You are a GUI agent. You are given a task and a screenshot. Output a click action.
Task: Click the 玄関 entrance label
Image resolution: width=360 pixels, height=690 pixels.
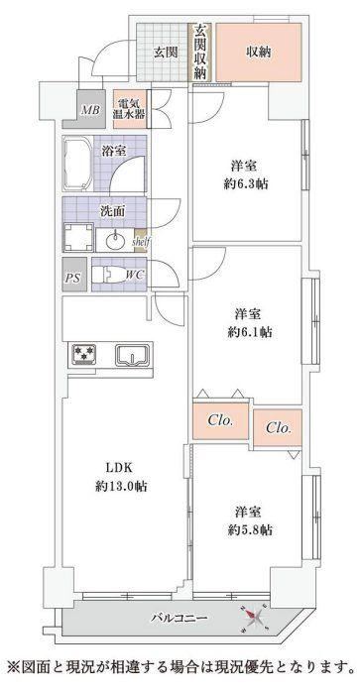[166, 53]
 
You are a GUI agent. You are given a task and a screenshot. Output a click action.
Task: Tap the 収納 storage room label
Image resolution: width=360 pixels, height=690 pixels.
[258, 53]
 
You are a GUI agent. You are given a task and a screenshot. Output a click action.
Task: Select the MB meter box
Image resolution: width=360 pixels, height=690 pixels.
[91, 109]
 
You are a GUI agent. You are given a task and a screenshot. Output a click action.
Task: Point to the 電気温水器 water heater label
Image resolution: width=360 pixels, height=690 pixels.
[129, 109]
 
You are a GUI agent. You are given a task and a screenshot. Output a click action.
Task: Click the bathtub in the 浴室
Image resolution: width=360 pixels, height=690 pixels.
[78, 165]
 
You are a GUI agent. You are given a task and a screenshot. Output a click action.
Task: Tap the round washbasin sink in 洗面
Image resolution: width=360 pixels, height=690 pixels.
[116, 241]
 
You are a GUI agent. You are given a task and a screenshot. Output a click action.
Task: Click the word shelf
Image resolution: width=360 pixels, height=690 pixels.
[142, 242]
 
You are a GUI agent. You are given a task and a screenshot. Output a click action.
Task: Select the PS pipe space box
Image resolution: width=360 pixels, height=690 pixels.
[74, 275]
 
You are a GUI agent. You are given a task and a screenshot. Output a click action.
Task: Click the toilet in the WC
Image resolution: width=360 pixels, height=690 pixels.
[107, 276]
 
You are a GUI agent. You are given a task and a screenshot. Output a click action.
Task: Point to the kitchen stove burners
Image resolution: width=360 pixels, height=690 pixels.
[84, 354]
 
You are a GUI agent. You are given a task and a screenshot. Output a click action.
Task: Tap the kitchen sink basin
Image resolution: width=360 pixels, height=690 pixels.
[132, 355]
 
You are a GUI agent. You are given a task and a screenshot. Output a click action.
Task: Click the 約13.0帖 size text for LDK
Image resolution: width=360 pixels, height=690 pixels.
[121, 486]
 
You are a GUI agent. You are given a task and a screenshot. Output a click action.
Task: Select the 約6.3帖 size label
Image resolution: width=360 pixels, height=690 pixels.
[246, 184]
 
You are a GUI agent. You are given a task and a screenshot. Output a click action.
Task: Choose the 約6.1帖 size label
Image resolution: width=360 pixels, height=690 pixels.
[249, 332]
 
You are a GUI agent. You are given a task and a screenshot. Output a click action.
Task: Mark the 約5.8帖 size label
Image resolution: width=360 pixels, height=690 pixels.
[249, 530]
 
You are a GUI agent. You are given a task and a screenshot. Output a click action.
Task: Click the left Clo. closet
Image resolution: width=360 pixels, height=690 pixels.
[220, 421]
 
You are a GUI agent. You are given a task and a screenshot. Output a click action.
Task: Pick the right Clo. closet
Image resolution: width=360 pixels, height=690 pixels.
[278, 427]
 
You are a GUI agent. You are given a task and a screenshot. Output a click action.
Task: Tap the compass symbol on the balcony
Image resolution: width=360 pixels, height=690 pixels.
[254, 617]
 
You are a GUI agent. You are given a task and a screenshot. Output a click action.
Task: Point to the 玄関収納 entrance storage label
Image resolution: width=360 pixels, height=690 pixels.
[200, 52]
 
